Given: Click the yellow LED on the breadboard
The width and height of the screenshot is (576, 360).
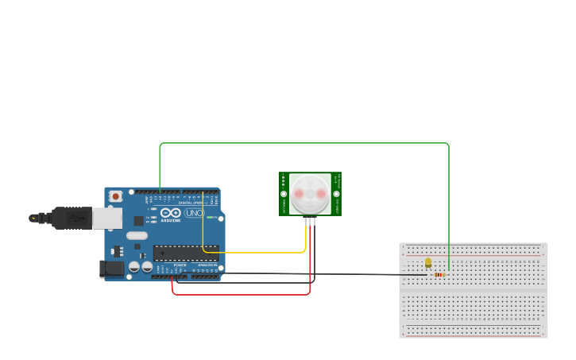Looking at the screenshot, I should click(428, 262).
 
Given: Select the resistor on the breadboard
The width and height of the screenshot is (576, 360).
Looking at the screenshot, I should click(439, 275).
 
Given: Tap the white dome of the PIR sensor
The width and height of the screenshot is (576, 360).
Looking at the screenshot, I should click(309, 193).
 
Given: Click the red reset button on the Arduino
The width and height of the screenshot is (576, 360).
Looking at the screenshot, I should click(116, 195).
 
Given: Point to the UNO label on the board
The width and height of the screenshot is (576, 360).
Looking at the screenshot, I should click(194, 213).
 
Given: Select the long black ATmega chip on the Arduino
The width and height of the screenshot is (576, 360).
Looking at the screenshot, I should click(185, 253).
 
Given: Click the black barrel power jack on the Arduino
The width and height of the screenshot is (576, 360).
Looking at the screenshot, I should click(112, 269).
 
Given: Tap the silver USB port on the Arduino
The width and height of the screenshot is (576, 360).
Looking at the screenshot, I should click(107, 218).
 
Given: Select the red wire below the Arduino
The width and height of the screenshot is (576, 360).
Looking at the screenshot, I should click(238, 294).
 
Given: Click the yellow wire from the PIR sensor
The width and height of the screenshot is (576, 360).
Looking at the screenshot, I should click(254, 253).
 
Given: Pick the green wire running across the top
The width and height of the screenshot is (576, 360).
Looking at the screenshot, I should click(302, 143).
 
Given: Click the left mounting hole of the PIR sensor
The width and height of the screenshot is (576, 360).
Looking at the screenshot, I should click(284, 193).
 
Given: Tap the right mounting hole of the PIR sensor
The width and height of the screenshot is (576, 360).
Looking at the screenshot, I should click(336, 193).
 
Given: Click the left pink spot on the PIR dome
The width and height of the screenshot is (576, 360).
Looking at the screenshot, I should click(299, 193).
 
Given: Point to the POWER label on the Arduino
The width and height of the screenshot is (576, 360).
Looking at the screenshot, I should click(180, 265).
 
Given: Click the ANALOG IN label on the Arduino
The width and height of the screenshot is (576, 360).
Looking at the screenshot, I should click(207, 265).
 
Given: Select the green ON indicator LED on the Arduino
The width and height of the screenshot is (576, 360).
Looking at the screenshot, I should click(211, 217).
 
